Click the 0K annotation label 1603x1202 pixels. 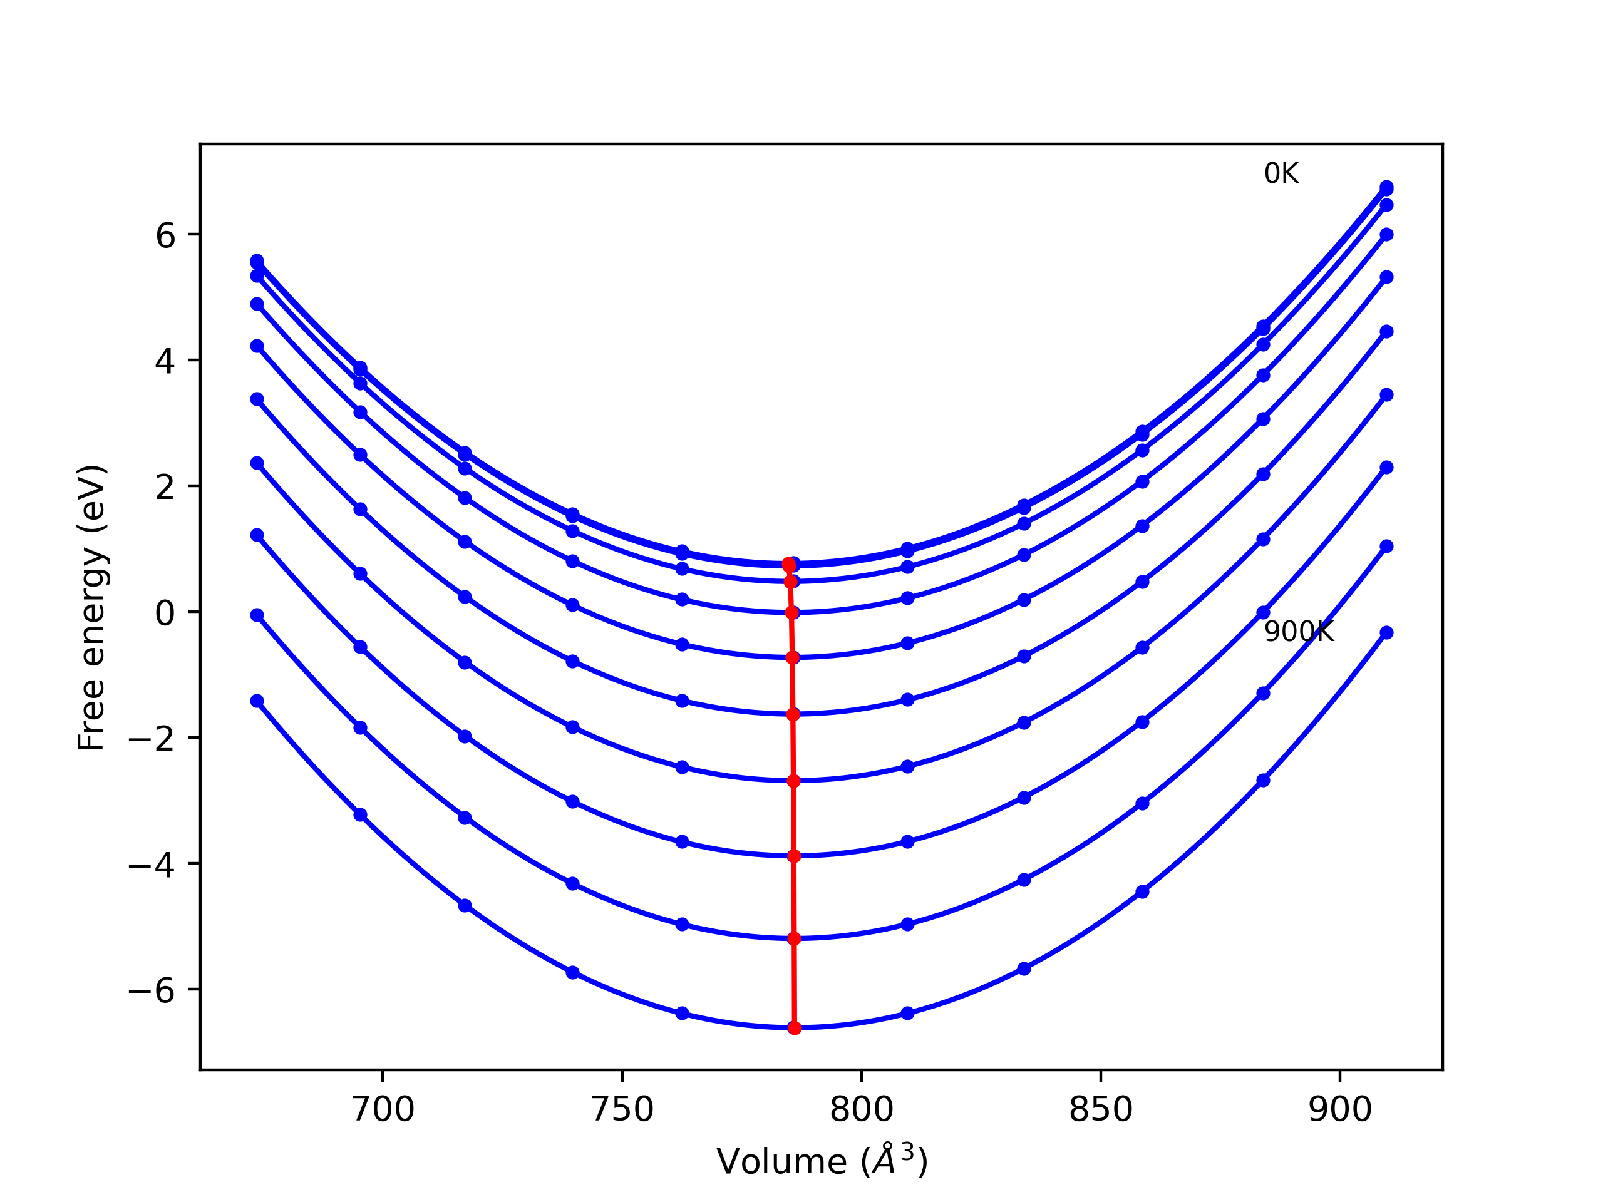point(1281,174)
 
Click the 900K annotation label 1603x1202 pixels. point(1299,632)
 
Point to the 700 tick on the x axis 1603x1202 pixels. point(383,1110)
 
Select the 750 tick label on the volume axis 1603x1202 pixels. point(622,1110)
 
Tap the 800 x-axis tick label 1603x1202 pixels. point(861,1110)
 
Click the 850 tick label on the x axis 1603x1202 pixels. point(1100,1110)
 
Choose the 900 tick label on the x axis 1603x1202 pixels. point(1340,1110)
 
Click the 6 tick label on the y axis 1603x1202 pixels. point(165,235)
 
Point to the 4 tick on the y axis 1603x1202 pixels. point(165,361)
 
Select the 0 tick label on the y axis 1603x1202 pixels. point(165,613)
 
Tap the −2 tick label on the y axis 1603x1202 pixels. point(152,738)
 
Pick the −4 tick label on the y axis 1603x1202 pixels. point(152,865)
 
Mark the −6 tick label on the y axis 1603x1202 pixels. point(152,990)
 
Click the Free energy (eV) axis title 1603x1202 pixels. point(92,607)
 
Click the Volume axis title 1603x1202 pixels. point(822,1161)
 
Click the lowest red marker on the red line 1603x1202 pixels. point(794,1027)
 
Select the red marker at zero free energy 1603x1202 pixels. point(792,612)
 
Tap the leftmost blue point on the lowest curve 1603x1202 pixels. point(257,701)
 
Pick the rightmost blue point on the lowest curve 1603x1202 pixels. point(1386,632)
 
